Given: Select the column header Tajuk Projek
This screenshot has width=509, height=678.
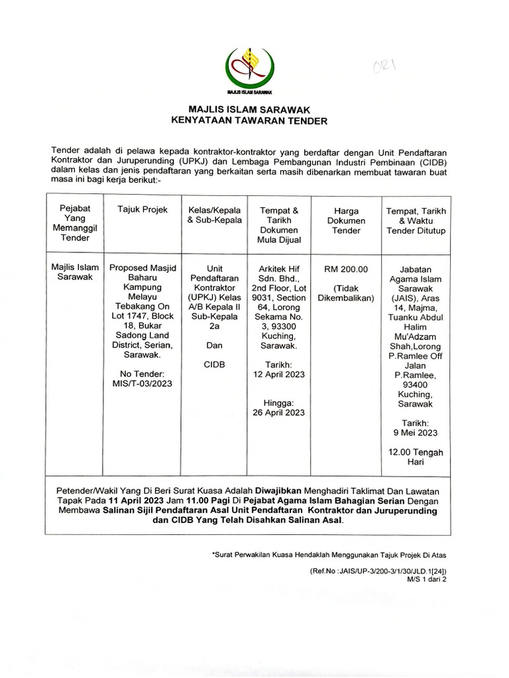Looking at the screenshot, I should coord(138,210).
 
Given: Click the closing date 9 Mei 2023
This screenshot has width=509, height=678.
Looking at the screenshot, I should coord(415,433).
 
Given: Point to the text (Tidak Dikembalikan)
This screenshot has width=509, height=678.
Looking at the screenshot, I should coord(347,294).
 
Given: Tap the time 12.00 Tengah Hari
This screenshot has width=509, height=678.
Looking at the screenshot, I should coord(415,458).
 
